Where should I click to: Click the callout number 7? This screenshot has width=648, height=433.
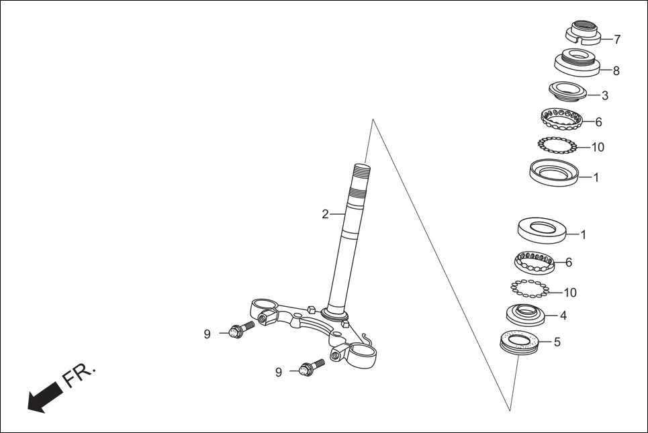point(617,40)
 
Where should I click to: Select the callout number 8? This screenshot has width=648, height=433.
point(616,70)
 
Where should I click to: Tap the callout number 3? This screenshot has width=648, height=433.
point(605,95)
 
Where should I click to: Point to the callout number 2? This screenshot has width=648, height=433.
point(325,215)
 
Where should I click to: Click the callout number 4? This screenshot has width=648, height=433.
point(563,315)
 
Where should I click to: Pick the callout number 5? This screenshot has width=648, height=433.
point(557,342)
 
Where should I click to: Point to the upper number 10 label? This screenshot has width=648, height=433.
point(597,147)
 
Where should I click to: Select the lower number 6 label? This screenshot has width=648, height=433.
point(569,262)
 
